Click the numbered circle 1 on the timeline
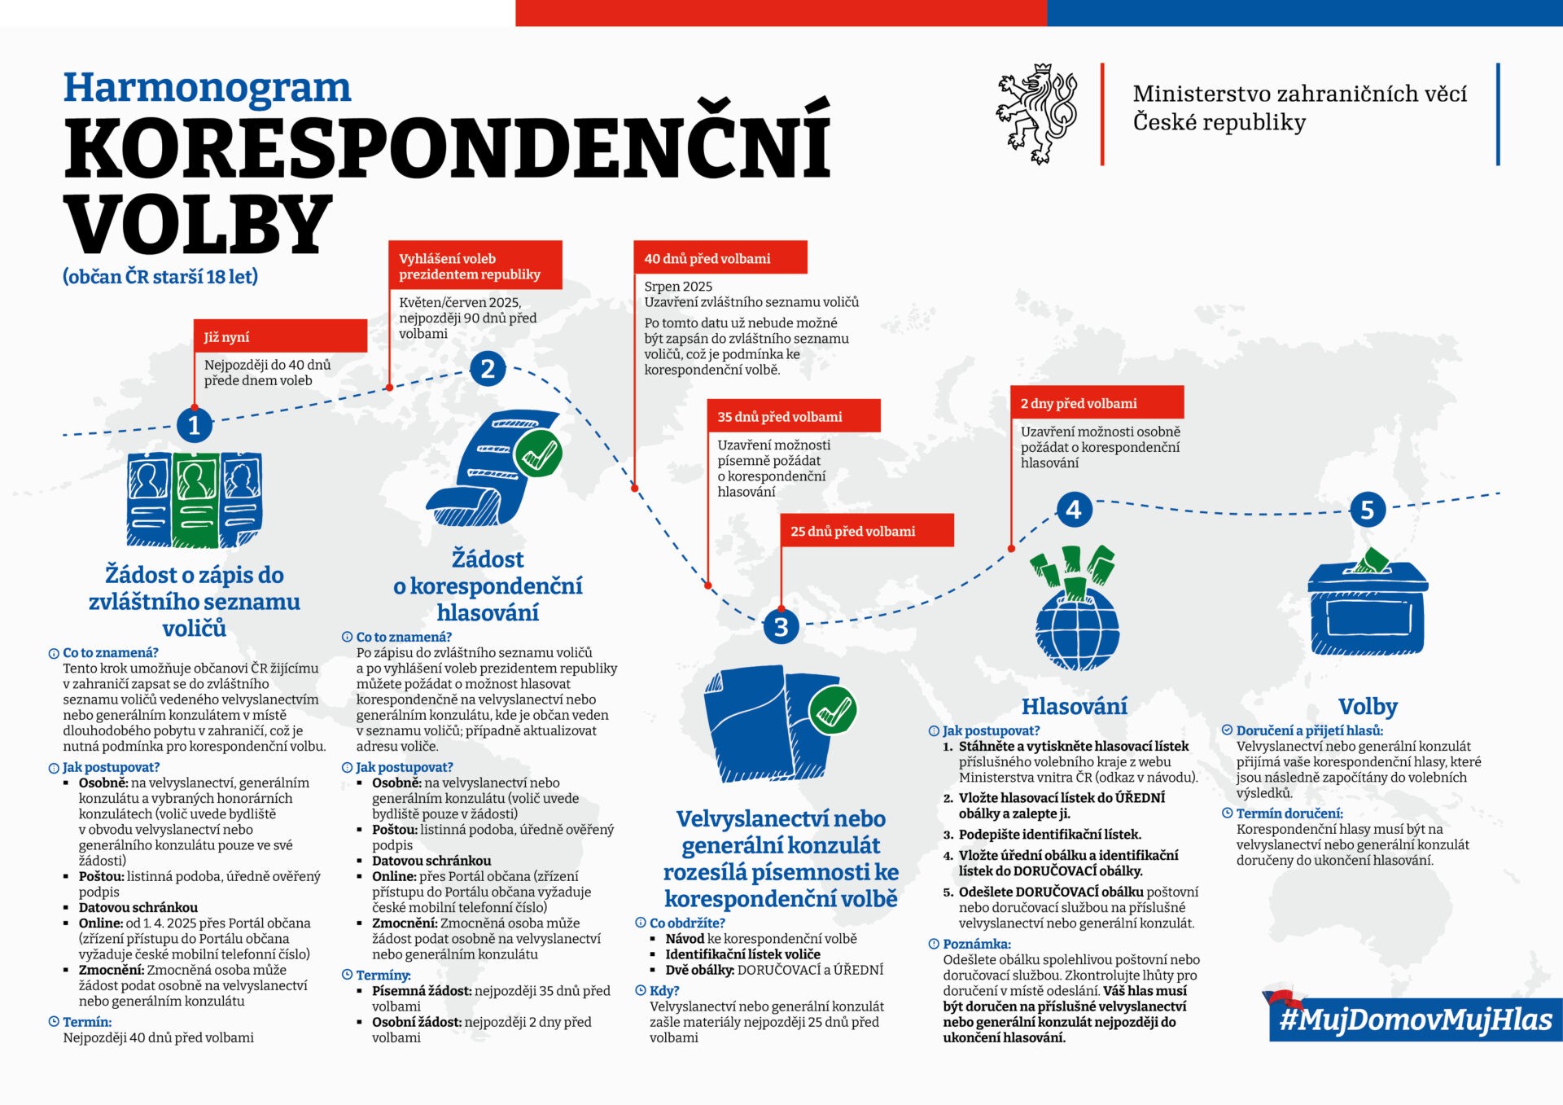click(x=194, y=425)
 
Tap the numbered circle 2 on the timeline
click(x=488, y=369)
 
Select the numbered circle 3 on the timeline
click(x=781, y=627)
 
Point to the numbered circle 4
click(x=1074, y=510)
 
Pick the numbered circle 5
click(x=1367, y=510)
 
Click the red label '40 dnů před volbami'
click(x=720, y=258)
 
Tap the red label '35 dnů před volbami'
click(x=793, y=416)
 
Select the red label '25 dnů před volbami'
click(x=866, y=531)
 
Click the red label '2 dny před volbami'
click(x=1097, y=403)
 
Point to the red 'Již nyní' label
click(x=280, y=336)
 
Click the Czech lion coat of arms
click(x=1037, y=114)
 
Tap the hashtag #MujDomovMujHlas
click(x=1415, y=1019)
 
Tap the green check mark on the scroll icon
click(x=538, y=454)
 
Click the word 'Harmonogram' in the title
click(x=208, y=88)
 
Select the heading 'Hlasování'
click(x=1075, y=706)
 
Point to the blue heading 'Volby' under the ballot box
click(x=1368, y=706)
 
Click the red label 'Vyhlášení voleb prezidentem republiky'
click(x=475, y=265)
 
